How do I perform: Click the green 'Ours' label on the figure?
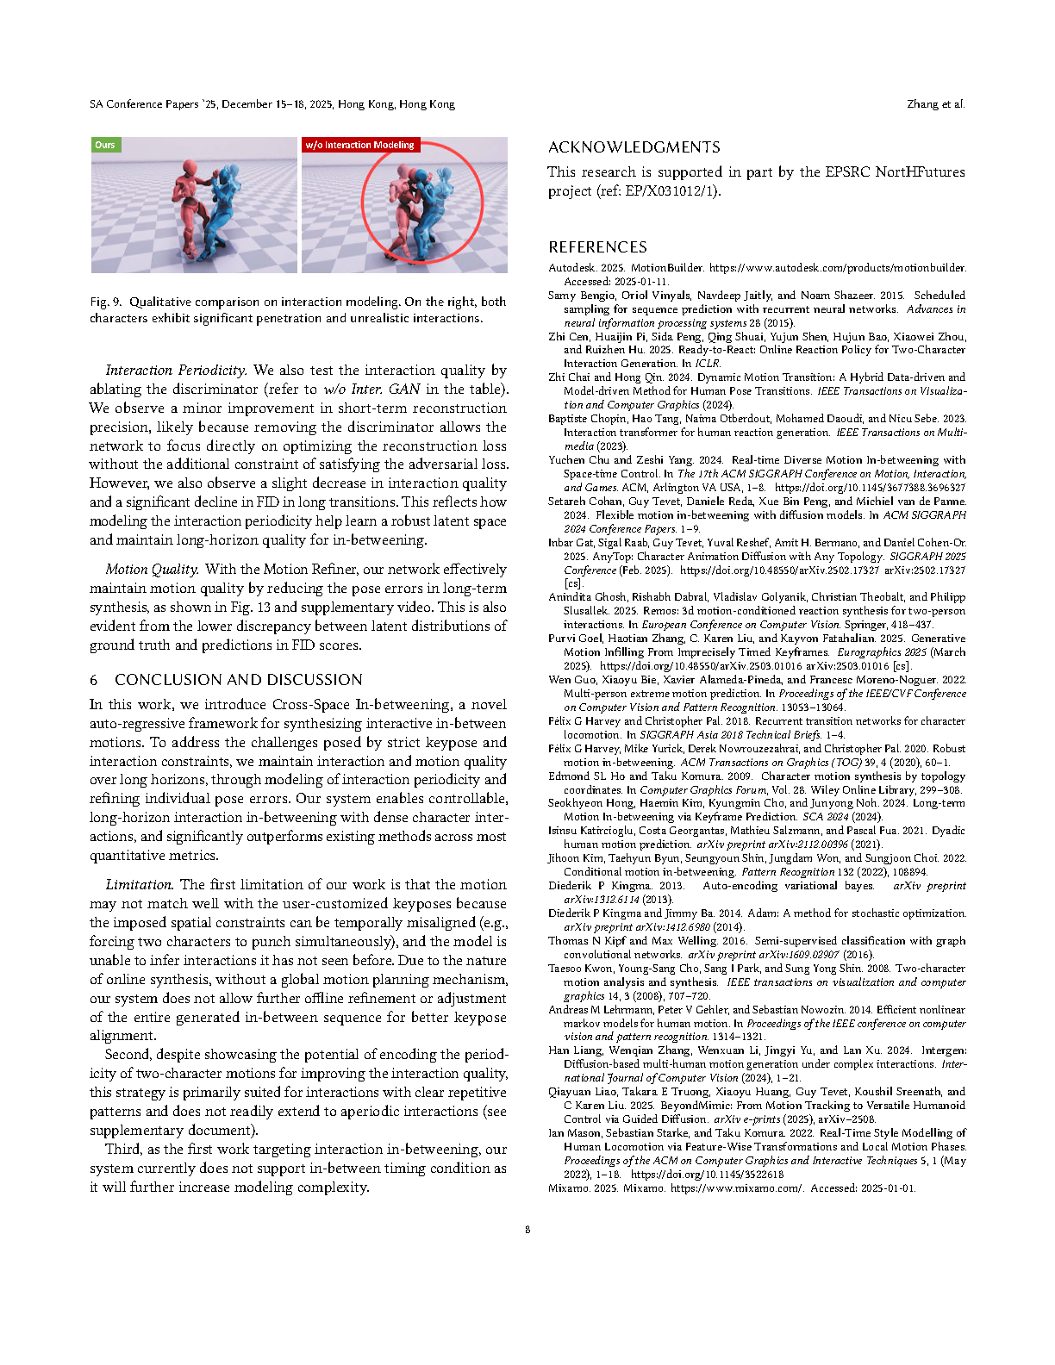105,145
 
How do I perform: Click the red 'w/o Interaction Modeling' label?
359,145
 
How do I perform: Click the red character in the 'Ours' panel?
192,203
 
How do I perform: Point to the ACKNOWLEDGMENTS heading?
634,147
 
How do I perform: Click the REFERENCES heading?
597,247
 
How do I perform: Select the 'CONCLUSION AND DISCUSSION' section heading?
238,680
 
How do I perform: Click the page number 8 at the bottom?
527,1230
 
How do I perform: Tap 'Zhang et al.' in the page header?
936,104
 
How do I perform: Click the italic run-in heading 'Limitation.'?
140,885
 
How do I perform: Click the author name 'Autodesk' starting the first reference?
573,268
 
